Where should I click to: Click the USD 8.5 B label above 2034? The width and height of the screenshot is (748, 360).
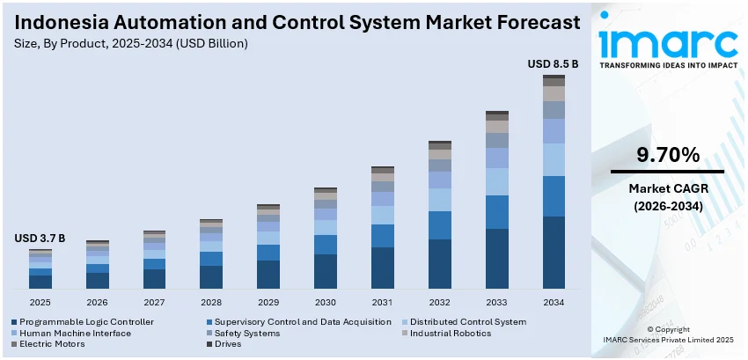(553, 64)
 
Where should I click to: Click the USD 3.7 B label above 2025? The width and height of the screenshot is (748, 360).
(40, 239)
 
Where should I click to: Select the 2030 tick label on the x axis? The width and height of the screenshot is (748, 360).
(326, 301)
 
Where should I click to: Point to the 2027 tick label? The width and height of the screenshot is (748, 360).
(154, 301)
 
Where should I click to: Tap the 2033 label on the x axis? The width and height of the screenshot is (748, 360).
(497, 301)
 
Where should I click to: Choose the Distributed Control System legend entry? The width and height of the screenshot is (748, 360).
(468, 322)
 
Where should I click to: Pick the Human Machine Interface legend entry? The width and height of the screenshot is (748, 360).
(75, 334)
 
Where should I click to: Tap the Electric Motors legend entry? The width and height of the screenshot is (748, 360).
(52, 344)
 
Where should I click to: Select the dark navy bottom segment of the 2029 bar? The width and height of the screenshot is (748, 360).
(268, 275)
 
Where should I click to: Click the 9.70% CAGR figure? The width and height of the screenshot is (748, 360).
(668, 156)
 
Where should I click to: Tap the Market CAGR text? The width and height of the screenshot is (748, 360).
(667, 188)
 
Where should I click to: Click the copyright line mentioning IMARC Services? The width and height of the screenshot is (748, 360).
(667, 339)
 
